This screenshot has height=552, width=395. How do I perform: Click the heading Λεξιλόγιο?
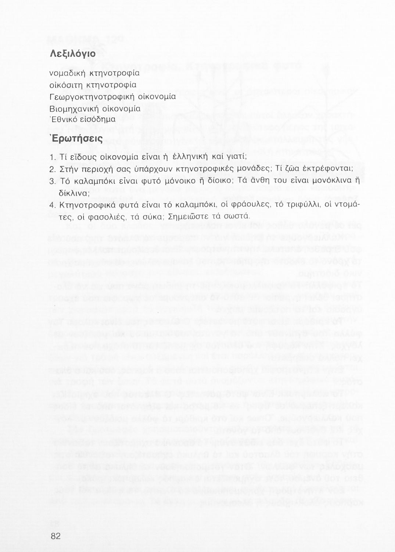pyautogui.click(x=72, y=54)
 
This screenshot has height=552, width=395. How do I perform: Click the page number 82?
pyautogui.click(x=55, y=536)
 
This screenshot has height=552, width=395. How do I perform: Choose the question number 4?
pyautogui.click(x=51, y=205)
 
